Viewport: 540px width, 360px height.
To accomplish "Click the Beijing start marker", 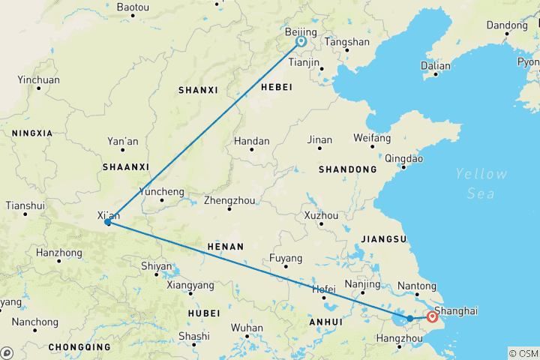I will [x=301, y=42].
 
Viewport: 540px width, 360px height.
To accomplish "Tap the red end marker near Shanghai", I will [x=432, y=317].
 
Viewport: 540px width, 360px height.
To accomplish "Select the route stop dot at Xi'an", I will [x=108, y=222].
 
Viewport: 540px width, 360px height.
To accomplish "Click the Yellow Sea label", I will [x=481, y=183].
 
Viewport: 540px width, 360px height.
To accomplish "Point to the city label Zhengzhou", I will [x=229, y=200].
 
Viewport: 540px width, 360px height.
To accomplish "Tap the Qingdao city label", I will [x=403, y=158].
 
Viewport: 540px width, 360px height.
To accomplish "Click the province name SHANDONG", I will [x=347, y=169].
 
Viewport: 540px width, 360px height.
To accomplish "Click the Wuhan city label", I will [x=247, y=328].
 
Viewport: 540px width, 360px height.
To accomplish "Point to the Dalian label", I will [x=436, y=66].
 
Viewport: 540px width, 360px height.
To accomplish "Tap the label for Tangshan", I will [x=347, y=42].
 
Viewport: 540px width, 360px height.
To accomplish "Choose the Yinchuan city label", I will [x=38, y=79].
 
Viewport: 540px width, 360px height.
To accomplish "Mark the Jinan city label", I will [x=319, y=139].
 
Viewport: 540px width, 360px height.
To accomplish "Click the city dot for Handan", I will [x=251, y=149].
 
